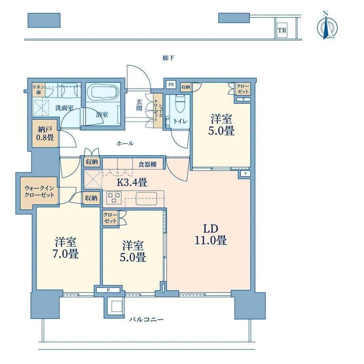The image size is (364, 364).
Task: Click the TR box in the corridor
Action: pyautogui.click(x=282, y=30)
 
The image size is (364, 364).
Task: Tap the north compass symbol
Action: pyautogui.click(x=327, y=28)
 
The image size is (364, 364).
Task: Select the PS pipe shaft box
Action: pyautogui.click(x=171, y=85)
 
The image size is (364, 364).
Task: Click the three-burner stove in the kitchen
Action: pyautogui.click(x=114, y=197)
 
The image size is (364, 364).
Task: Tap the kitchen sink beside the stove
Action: pyautogui.click(x=146, y=199)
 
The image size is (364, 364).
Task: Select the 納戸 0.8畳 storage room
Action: pyautogui.click(x=45, y=133)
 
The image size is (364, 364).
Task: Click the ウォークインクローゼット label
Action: pyautogui.click(x=39, y=191)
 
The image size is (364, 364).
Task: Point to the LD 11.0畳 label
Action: pyautogui.click(x=210, y=235)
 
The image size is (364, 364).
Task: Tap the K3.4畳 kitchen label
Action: pyautogui.click(x=132, y=182)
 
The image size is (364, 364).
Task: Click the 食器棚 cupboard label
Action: pyautogui.click(x=148, y=165)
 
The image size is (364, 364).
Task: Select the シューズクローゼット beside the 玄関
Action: pyautogui.click(x=157, y=111)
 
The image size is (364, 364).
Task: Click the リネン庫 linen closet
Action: pyautogui.click(x=38, y=90)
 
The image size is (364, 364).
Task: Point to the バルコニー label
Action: pyautogui.click(x=146, y=320)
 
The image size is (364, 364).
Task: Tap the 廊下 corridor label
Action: pyautogui.click(x=168, y=58)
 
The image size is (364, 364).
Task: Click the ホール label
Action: pyautogui.click(x=125, y=144)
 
